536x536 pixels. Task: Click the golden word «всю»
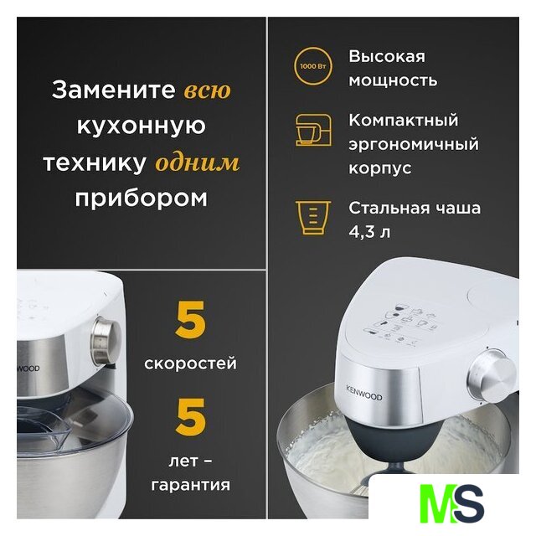(x=208, y=90)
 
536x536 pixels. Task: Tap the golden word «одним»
(x=198, y=163)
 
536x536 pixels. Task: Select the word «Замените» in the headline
(x=114, y=90)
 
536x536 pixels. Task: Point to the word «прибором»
(x=142, y=198)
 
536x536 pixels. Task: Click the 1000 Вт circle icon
(x=312, y=66)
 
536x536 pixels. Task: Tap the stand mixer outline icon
(x=313, y=131)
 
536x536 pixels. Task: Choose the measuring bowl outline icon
(x=312, y=218)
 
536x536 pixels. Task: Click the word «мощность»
(x=393, y=81)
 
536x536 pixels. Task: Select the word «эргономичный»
(x=414, y=144)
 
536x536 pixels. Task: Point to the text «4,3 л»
(x=369, y=232)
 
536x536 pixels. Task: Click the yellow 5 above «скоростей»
(x=190, y=320)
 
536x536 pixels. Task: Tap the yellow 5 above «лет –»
(x=190, y=417)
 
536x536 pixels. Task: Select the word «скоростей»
(x=190, y=363)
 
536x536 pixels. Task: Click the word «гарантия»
(x=190, y=485)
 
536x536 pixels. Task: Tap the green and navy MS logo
(x=451, y=502)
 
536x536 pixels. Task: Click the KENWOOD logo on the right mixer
(x=364, y=393)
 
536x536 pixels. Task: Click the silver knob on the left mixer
(x=106, y=341)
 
